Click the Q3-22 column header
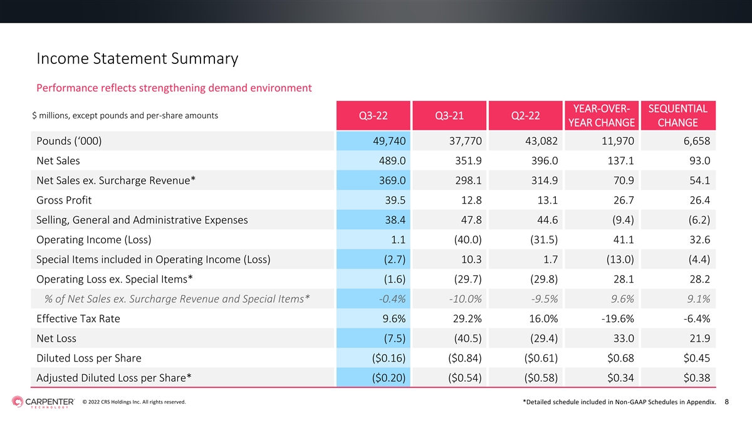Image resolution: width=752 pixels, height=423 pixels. (x=373, y=115)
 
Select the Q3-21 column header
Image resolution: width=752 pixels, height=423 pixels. (x=449, y=115)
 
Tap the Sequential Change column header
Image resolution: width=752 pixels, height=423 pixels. (x=678, y=115)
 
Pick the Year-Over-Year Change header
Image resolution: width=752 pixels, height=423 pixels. (x=602, y=115)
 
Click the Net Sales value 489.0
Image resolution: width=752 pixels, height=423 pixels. (x=392, y=161)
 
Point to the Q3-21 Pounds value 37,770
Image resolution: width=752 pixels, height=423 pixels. (x=465, y=141)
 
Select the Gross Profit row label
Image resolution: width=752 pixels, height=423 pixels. (x=64, y=200)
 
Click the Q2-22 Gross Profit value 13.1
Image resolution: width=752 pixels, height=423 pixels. (x=547, y=200)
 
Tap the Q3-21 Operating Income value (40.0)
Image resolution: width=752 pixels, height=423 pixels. (x=467, y=239)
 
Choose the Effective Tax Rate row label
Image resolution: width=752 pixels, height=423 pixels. (x=78, y=318)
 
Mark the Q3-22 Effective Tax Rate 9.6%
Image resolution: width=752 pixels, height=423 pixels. (x=394, y=318)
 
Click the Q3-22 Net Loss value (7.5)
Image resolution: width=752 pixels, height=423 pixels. (x=394, y=338)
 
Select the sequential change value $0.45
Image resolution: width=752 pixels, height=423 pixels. (x=697, y=358)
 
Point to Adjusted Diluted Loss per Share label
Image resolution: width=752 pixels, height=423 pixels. (x=114, y=378)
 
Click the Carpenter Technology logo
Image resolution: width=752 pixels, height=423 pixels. (x=43, y=402)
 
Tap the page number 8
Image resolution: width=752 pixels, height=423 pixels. (x=727, y=402)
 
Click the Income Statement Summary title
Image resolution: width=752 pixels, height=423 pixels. (x=137, y=58)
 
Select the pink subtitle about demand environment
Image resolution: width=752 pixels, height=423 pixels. (x=174, y=88)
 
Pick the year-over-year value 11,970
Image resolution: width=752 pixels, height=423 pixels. (x=618, y=141)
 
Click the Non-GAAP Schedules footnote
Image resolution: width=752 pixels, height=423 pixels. (x=619, y=402)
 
